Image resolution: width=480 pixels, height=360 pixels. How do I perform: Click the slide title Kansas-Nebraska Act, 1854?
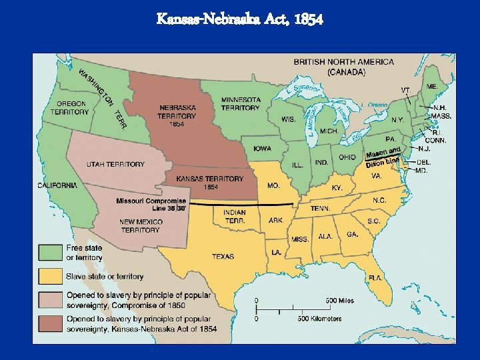point(240,19)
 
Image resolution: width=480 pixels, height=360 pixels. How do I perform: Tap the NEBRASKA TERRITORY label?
point(177,115)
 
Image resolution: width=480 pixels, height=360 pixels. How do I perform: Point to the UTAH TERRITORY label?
point(115,164)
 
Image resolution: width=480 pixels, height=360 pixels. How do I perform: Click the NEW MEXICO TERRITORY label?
point(140,225)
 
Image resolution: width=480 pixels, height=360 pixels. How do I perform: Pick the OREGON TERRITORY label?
point(70,108)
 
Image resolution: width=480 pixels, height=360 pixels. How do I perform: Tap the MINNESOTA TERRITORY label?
point(241,103)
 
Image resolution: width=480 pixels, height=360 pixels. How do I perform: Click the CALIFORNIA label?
point(57,185)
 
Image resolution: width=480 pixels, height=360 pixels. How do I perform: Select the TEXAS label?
point(223,256)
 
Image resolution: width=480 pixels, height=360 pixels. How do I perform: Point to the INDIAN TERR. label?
point(235,217)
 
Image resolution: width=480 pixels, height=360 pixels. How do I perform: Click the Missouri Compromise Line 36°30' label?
point(152,204)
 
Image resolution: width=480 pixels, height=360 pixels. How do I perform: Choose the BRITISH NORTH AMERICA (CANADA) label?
point(344,66)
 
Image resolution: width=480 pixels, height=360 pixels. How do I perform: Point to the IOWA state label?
point(261,149)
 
